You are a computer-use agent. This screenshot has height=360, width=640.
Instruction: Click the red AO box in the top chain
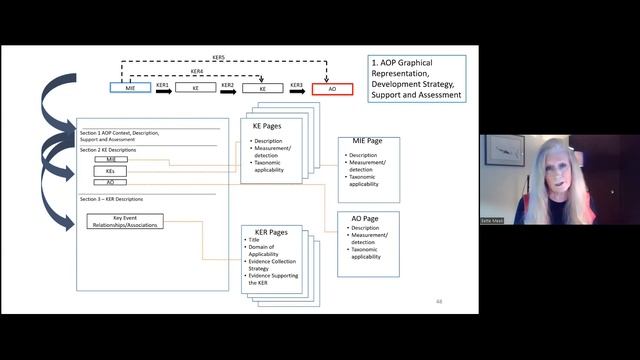click(332, 89)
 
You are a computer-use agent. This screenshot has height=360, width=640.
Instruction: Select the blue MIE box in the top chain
click(130, 89)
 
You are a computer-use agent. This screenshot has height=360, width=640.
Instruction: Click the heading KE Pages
click(264, 126)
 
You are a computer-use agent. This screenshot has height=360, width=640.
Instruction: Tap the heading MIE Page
click(362, 142)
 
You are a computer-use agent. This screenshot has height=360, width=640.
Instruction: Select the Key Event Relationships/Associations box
click(125, 222)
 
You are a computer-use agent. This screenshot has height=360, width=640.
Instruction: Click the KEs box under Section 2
click(110, 171)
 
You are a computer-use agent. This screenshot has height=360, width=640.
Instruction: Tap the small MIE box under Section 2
click(110, 159)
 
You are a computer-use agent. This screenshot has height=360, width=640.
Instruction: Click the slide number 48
click(439, 301)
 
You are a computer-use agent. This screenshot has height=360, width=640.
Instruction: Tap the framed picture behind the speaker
click(505, 151)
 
